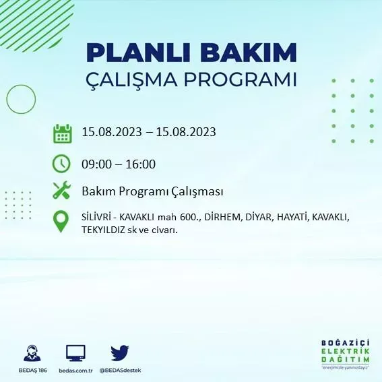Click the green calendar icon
62,133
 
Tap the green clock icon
61,164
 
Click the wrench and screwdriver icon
62,191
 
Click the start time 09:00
96,164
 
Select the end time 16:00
141,164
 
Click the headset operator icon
32,353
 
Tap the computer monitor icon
75,353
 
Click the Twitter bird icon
120,353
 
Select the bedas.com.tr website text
75,371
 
